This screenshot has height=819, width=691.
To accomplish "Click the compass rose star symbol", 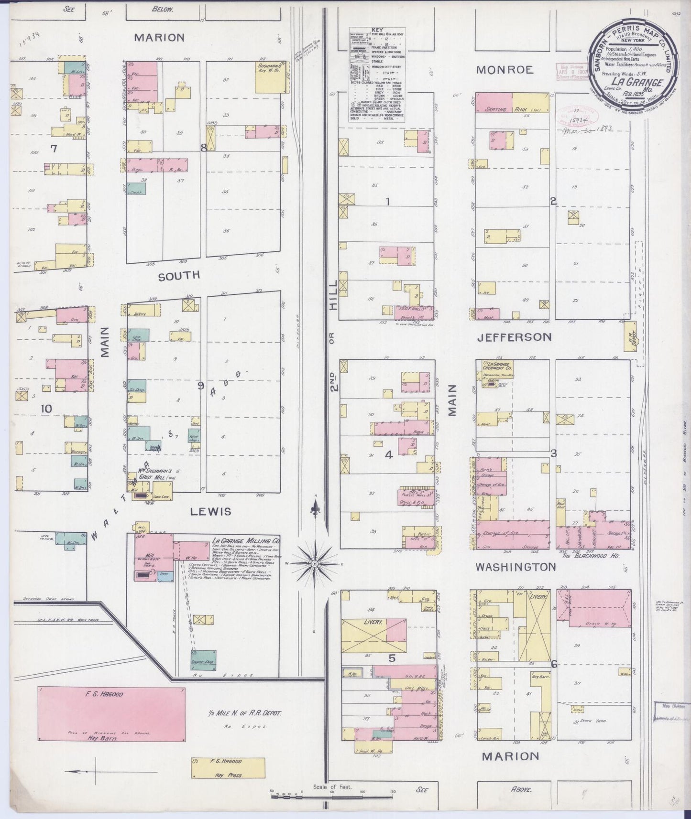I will pos(315,564).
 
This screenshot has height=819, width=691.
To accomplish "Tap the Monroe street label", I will pos(505,70).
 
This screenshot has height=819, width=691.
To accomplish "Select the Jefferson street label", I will pos(514,337).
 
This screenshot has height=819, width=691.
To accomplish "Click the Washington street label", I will pos(515,567).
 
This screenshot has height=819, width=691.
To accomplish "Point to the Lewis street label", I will pos(210,512).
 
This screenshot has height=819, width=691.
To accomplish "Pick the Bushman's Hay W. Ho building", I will pos(272,76).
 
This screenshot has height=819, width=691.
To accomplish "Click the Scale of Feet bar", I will pos(332,794).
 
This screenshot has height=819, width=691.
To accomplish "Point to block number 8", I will pos(203,148).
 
